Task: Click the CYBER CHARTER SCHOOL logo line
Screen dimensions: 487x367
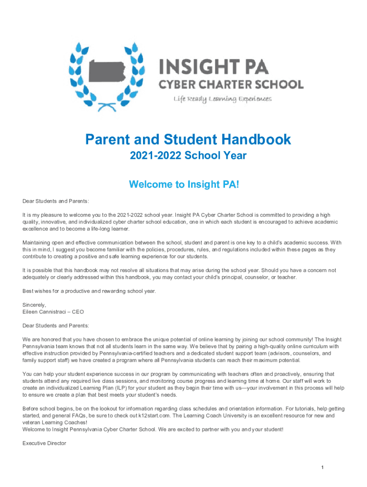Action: click(x=231, y=85)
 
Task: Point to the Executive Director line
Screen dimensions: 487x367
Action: click(x=44, y=443)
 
